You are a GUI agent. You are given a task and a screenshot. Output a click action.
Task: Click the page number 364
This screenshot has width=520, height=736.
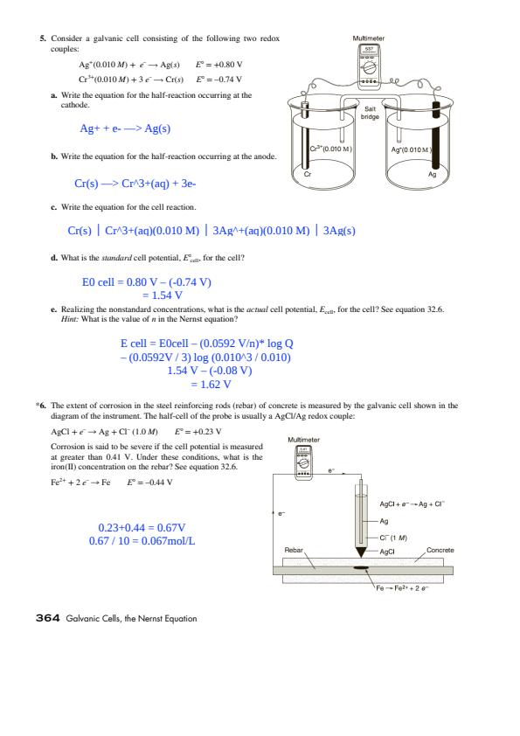[x=47, y=618]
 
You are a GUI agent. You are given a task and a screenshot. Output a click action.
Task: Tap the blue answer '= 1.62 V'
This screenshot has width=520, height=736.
[x=211, y=385]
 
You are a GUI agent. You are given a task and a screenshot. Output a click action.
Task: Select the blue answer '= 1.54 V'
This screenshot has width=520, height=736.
[x=163, y=295]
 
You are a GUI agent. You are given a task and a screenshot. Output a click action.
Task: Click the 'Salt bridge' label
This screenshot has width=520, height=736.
[x=370, y=113]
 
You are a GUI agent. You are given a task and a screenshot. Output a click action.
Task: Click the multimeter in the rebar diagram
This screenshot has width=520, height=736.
[x=303, y=462]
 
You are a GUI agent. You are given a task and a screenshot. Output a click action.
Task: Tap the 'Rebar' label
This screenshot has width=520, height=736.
[x=294, y=550]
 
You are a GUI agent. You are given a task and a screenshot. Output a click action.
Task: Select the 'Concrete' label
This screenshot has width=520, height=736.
[x=440, y=550]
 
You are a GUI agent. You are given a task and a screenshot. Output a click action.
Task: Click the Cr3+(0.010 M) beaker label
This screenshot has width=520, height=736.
[x=330, y=149]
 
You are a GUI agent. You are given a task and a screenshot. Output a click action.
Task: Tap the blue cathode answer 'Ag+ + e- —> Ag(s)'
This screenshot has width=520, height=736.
[x=125, y=128]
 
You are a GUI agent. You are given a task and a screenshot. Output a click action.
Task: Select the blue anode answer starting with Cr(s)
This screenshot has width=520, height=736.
[x=135, y=183]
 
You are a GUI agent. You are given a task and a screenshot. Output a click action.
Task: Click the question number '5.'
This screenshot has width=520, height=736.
[x=43, y=38]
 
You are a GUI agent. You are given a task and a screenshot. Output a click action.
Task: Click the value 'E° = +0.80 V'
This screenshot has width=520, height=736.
[x=219, y=65]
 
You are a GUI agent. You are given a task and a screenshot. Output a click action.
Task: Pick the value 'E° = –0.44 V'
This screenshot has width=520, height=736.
[x=149, y=482]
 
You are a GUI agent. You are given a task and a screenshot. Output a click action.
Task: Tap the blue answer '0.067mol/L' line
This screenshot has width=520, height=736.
[x=142, y=541]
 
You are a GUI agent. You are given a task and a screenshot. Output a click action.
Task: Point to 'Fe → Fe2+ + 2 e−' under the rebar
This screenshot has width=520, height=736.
[x=402, y=587]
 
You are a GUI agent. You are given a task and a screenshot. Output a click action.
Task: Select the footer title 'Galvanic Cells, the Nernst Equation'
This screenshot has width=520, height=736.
[x=131, y=618]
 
